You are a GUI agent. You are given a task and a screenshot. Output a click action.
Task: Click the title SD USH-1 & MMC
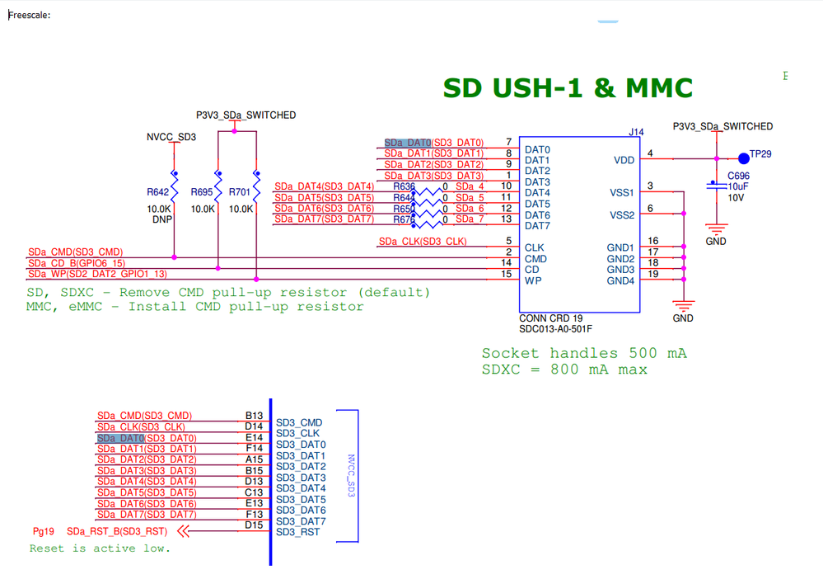click(x=568, y=88)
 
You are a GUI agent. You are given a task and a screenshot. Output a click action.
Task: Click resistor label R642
click(x=158, y=192)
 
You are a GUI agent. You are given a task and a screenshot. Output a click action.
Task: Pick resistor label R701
click(x=241, y=192)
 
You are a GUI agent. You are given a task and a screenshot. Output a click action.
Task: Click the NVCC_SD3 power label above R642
click(x=171, y=137)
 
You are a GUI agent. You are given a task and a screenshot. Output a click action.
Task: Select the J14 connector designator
click(x=636, y=131)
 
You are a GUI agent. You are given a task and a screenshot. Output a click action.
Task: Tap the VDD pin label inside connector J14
click(x=624, y=160)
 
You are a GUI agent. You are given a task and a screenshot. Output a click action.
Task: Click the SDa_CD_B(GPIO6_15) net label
click(x=75, y=263)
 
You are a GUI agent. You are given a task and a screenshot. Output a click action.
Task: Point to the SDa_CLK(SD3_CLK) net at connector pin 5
click(x=423, y=242)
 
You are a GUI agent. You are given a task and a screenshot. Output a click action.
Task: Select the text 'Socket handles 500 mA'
click(x=584, y=353)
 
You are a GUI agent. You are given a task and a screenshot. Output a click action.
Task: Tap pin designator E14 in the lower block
click(x=254, y=438)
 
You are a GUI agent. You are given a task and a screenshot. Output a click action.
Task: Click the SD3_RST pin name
click(x=298, y=532)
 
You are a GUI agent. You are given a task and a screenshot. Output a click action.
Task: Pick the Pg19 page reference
click(x=44, y=532)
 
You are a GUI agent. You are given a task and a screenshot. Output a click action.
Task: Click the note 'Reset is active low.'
click(x=100, y=548)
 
